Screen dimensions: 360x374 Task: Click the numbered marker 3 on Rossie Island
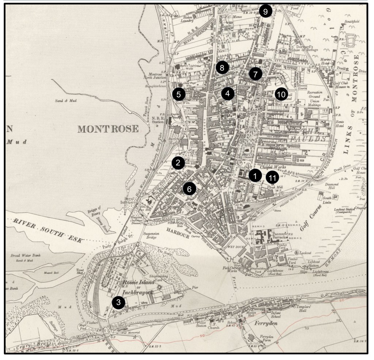pyautogui.click(x=118, y=302)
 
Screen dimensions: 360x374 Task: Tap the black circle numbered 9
pyautogui.click(x=266, y=12)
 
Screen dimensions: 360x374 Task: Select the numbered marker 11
pyautogui.click(x=272, y=178)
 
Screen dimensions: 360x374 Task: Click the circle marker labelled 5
pyautogui.click(x=179, y=94)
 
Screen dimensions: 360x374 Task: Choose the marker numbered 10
pyautogui.click(x=281, y=94)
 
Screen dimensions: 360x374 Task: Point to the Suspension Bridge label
pyautogui.click(x=146, y=234)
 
